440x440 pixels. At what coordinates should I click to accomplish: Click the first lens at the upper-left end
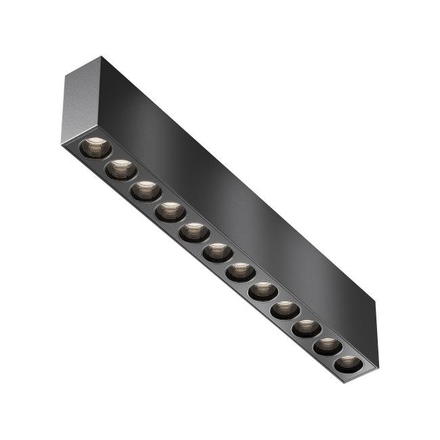point(95,147)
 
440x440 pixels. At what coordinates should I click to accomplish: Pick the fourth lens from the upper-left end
point(170,212)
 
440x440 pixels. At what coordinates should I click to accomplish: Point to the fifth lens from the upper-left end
point(194,232)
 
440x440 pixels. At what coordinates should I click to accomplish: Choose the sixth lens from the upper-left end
point(217,252)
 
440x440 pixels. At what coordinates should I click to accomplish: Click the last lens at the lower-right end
point(347,364)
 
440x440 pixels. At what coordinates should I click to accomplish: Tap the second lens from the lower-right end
point(327,346)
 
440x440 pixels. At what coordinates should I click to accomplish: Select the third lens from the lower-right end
point(306,328)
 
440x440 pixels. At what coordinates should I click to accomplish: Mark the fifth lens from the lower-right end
point(263,291)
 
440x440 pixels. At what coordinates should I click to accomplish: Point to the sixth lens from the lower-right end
point(240,272)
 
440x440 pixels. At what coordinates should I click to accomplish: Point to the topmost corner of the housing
point(101,56)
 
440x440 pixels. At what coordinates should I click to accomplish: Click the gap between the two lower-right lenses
point(337,355)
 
